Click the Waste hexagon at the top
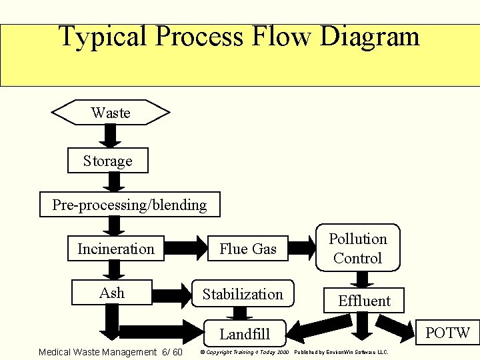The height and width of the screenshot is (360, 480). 111,113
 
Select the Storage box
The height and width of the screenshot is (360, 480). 107,161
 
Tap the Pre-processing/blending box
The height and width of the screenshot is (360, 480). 129,205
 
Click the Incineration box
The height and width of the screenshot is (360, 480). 115,249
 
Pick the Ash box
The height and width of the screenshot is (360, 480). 111,293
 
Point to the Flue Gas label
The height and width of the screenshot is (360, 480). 247,249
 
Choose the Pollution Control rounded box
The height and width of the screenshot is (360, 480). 358,248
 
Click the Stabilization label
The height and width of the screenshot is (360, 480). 243,294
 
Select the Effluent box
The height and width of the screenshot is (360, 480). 364,300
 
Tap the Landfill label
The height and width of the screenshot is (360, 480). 245,333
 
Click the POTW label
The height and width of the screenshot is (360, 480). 448,332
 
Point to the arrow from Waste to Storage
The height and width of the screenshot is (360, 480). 111,137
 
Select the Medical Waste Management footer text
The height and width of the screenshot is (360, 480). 110,352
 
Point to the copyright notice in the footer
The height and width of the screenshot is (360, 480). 244,352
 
